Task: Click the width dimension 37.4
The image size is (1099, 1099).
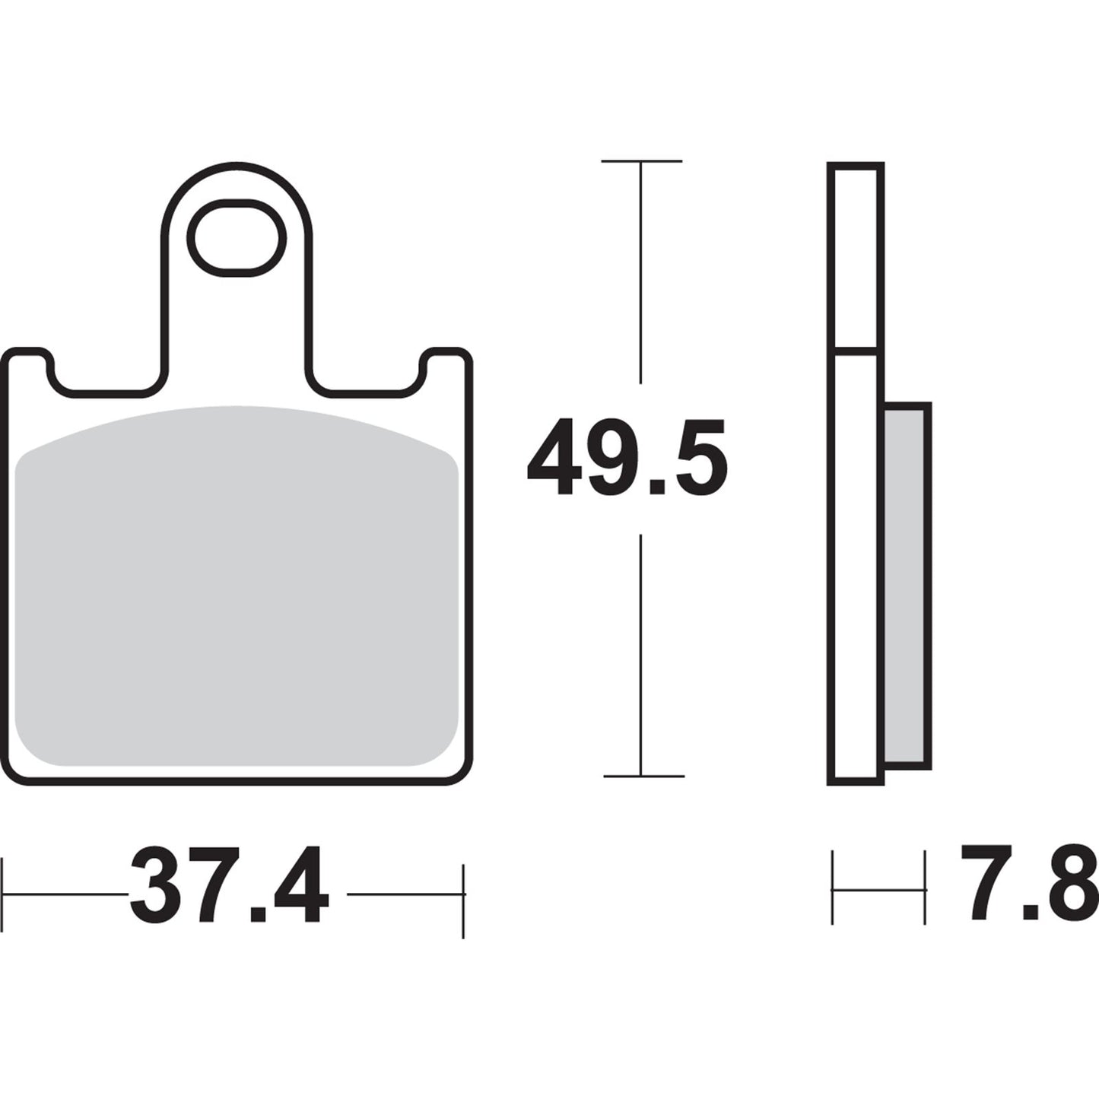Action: [229, 884]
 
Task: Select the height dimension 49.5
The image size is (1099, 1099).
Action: [627, 457]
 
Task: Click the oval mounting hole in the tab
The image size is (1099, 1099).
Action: [237, 238]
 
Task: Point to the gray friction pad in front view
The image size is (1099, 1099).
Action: [236, 586]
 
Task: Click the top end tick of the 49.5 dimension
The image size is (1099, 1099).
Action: [641, 161]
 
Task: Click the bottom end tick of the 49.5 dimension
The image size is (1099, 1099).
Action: [643, 776]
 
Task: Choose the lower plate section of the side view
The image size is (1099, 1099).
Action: [856, 567]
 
